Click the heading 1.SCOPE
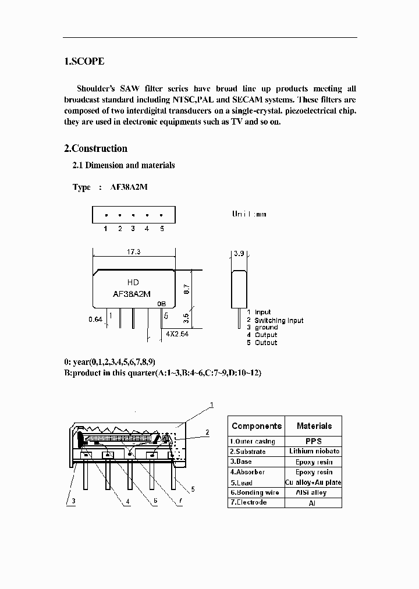pos(84,61)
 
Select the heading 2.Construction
pos(95,148)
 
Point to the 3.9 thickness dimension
pos(239,254)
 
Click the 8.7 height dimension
pos(187,288)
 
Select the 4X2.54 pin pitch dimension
pos(177,334)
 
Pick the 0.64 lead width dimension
pos(95,320)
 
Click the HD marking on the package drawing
pos(133,282)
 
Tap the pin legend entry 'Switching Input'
pos(279,320)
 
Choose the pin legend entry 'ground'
pos(267,328)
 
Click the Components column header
pos(257,426)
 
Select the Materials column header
pos(314,426)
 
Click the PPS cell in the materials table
pos(314,441)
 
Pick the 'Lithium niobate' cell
pos(314,451)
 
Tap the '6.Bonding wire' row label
pos(254,492)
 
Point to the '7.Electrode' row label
pos(248,502)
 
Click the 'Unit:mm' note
pos(249,214)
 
